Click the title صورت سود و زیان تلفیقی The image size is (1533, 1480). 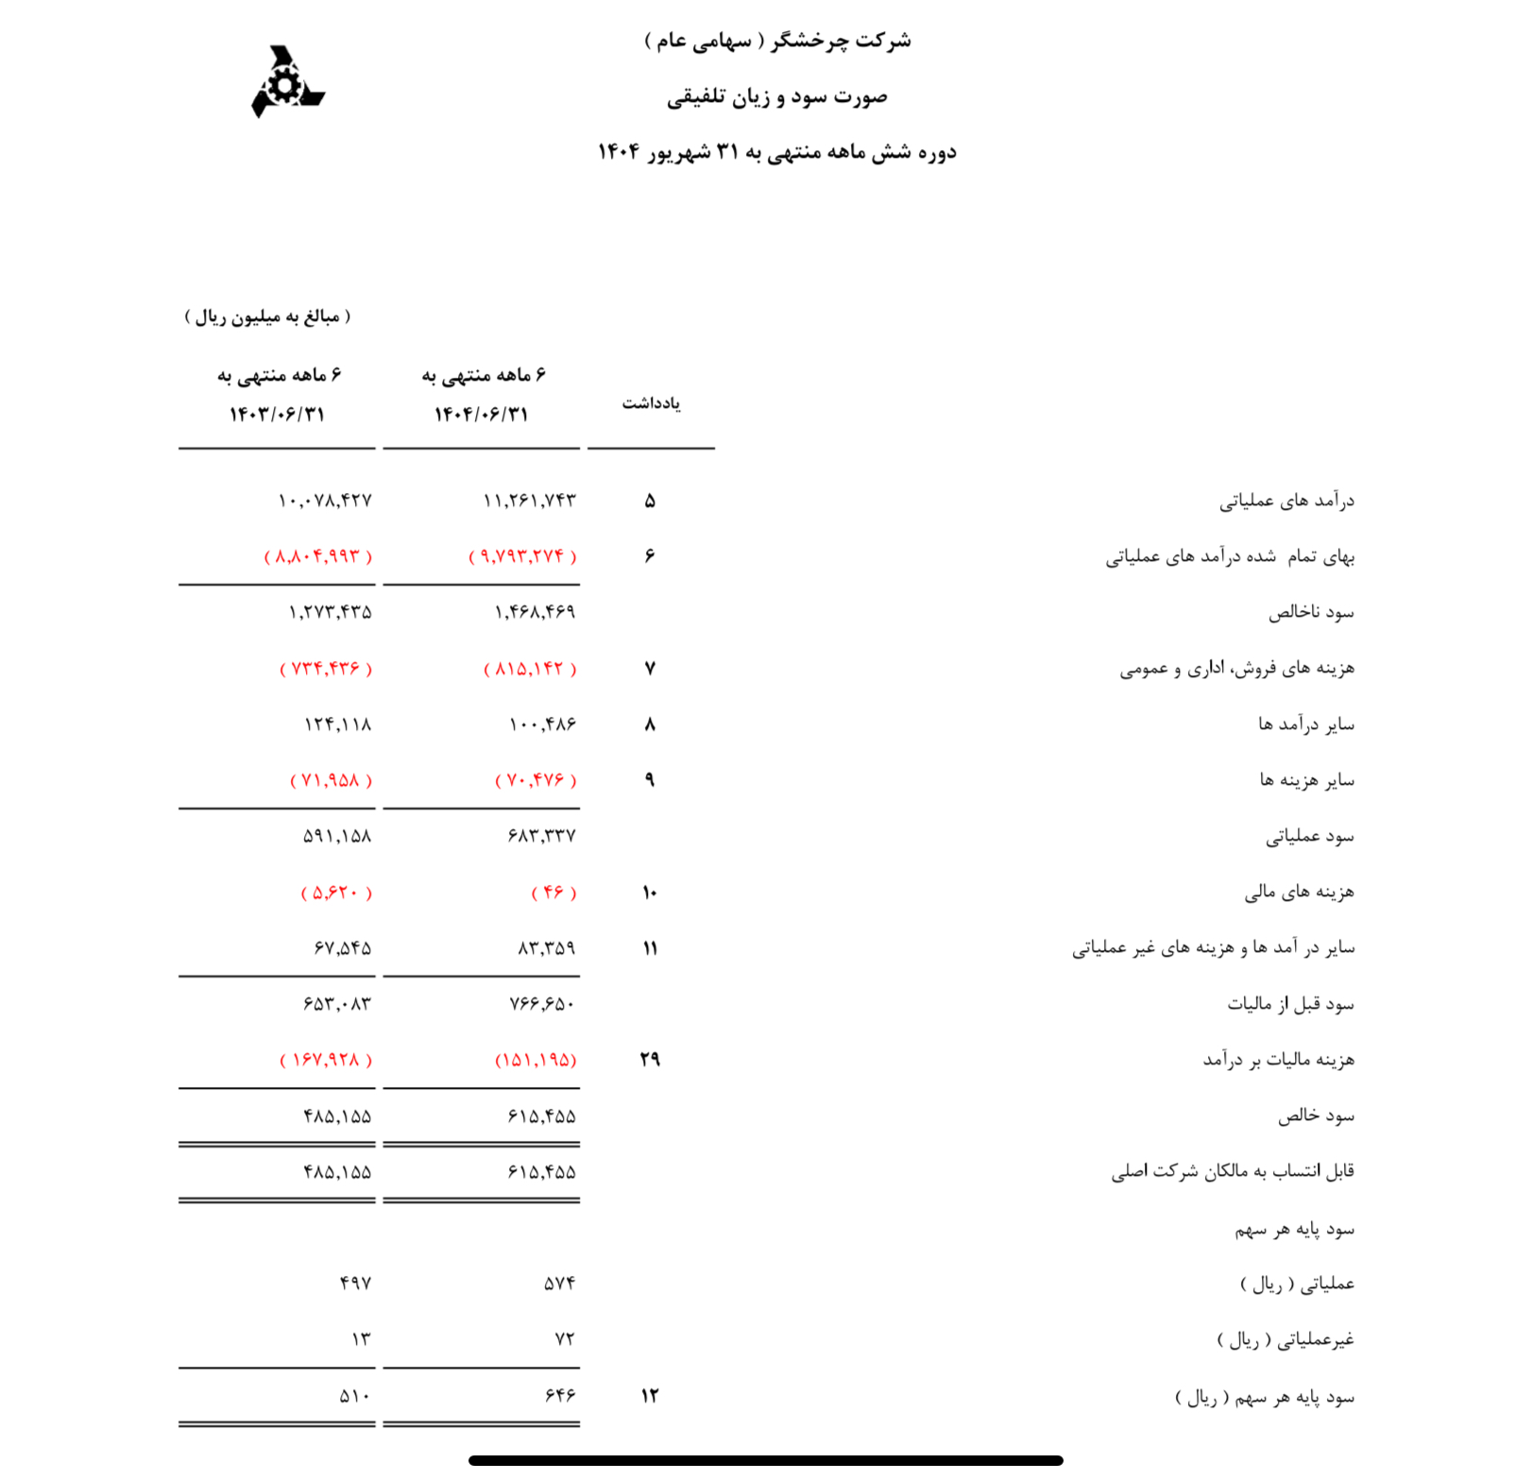click(776, 97)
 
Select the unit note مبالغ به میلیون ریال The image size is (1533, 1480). click(267, 316)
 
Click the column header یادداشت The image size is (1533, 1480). click(651, 403)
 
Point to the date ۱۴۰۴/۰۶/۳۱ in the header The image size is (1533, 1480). click(481, 415)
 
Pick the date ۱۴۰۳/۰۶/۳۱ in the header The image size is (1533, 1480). click(277, 415)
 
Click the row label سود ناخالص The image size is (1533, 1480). click(1311, 613)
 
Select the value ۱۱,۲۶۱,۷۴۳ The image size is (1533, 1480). click(529, 501)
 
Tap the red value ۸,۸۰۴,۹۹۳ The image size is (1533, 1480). click(318, 556)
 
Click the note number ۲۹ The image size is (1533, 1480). click(650, 1060)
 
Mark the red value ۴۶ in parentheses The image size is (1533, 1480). click(554, 893)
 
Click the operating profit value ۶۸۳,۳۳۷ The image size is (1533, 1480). click(541, 837)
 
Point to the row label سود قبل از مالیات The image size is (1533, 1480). click(1290, 1004)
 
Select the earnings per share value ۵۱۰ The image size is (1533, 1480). click(355, 1396)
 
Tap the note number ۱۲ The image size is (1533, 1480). click(650, 1396)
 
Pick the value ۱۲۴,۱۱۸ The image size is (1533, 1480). click(337, 724)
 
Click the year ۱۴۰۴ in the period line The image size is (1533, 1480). click(619, 153)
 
